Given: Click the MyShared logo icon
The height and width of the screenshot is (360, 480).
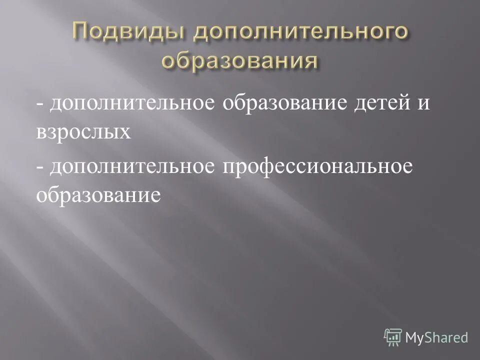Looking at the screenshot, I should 393,338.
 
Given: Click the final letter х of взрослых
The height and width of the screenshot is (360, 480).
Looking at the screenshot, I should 125,134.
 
